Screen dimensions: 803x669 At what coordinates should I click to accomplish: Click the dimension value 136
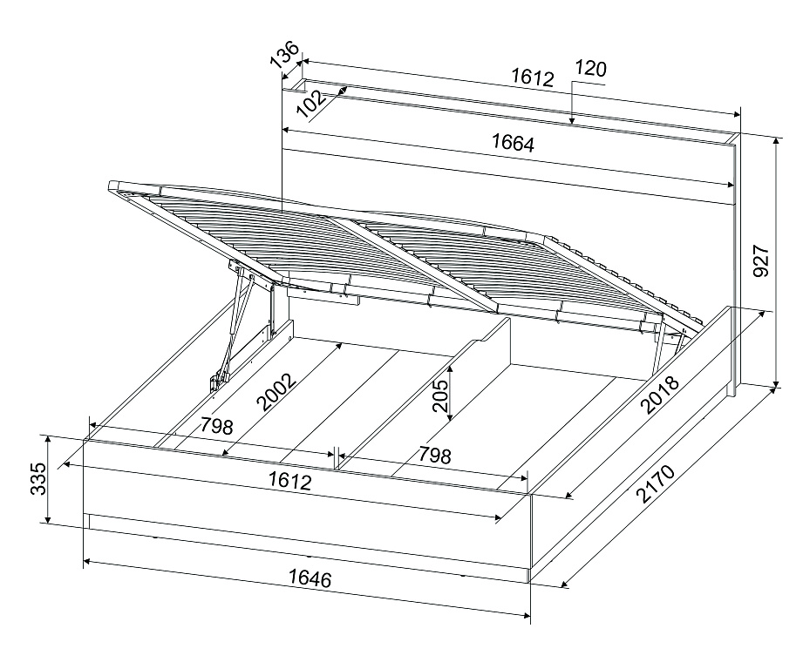tap(284, 54)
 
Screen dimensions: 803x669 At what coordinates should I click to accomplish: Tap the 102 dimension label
tap(311, 105)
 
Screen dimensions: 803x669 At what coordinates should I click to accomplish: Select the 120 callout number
tap(590, 68)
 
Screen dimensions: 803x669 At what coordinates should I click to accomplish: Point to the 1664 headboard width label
tap(513, 143)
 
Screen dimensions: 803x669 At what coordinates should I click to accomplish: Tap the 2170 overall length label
tap(656, 483)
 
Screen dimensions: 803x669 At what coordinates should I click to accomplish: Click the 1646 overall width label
tap(310, 578)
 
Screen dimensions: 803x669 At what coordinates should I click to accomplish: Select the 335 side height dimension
tap(38, 479)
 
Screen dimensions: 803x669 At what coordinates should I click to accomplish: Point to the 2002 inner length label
tap(276, 392)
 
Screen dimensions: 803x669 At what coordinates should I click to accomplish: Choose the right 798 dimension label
tap(435, 455)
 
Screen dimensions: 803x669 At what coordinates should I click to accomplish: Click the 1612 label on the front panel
tap(289, 481)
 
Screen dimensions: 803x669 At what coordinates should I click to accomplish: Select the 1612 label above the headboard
tap(533, 78)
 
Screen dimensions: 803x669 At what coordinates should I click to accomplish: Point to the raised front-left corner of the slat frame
tap(112, 186)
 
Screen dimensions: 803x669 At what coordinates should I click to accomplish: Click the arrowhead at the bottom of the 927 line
tap(776, 383)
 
